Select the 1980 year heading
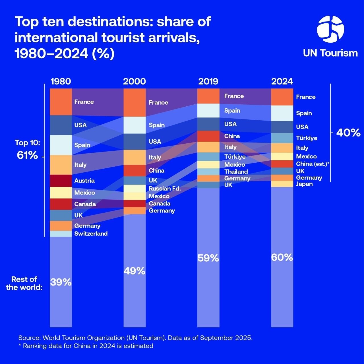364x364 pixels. coord(61,82)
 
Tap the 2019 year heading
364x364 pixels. coord(208,82)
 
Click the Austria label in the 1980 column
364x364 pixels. coord(84,181)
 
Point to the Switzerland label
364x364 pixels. coord(91,234)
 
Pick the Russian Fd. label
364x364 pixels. coord(165,189)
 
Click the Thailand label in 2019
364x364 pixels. coord(236,172)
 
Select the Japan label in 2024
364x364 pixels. coord(304,184)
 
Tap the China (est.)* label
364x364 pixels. coord(313,164)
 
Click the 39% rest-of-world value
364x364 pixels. coord(61,282)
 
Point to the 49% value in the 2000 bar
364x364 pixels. coord(135,271)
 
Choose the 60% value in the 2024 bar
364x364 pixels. coord(282,257)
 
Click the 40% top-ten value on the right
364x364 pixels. coord(348,133)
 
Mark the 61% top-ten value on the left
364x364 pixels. coord(27,155)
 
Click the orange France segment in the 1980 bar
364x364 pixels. coord(61,102)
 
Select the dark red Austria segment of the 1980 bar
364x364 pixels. coord(61,181)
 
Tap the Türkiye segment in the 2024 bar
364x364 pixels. coord(282,138)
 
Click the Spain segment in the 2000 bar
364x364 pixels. coord(135,125)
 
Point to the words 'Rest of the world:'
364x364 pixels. coord(24,283)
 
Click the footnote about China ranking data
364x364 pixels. coord(86,346)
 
